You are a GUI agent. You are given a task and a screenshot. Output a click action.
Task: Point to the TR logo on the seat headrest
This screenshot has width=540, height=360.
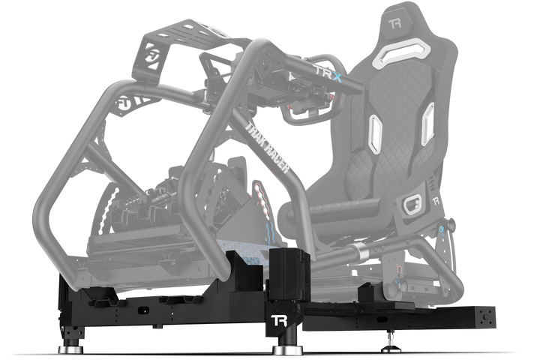click(x=397, y=23)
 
